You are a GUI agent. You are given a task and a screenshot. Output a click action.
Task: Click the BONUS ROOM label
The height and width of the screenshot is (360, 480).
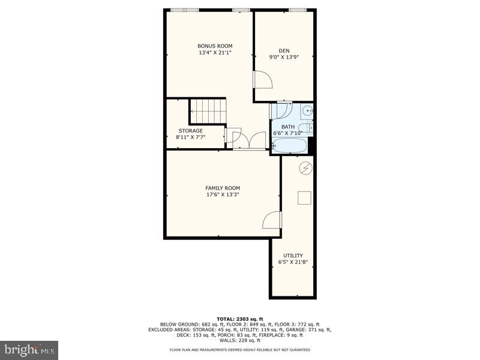(x=215, y=46)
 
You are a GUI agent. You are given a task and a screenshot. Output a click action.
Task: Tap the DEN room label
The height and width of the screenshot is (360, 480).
(x=284, y=50)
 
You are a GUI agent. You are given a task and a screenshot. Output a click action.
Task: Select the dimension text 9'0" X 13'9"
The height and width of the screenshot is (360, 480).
(x=284, y=58)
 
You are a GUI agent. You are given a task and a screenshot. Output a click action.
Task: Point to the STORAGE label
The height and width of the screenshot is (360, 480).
(x=190, y=130)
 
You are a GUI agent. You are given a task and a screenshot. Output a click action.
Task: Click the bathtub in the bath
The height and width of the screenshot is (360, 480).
(x=289, y=145)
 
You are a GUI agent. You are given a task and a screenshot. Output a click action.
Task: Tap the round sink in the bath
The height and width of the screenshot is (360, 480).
(x=307, y=110)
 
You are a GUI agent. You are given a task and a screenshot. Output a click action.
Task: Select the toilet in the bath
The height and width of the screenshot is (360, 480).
(x=309, y=127)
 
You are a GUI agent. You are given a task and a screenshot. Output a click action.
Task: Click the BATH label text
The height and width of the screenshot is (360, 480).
(x=288, y=127)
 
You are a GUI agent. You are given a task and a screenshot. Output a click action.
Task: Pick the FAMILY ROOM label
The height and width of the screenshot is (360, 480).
(x=223, y=188)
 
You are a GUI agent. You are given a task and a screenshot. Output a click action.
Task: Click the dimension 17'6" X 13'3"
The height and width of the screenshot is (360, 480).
(x=223, y=195)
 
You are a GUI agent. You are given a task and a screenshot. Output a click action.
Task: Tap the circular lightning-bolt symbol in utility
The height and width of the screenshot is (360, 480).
(x=305, y=168)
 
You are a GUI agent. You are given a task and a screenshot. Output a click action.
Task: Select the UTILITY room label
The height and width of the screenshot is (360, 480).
(x=293, y=255)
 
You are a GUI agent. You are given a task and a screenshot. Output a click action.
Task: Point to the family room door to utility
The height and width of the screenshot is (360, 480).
(x=272, y=220)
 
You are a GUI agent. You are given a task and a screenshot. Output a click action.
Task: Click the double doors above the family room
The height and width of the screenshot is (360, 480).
(x=249, y=140)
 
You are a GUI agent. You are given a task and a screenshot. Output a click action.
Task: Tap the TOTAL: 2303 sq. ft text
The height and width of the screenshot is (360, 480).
(x=239, y=319)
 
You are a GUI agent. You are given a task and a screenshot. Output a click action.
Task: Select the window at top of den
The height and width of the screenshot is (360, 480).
(x=298, y=10)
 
